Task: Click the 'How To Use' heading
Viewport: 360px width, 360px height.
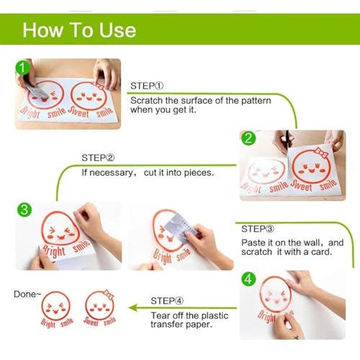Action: pos(79,30)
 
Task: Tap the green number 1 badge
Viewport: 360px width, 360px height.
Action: pos(22,68)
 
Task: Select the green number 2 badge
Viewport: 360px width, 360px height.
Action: pos(248,138)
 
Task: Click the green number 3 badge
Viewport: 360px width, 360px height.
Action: pos(24,210)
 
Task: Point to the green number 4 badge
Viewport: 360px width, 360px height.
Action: pos(248,279)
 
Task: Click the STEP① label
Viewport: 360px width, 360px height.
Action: pos(147,86)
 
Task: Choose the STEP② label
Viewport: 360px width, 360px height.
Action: pos(98,158)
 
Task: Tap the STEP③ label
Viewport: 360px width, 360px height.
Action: pos(258,229)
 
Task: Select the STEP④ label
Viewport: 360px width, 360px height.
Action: pos(167,301)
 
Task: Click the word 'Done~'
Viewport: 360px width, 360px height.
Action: pos(27,294)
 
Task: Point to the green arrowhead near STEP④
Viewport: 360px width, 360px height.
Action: pos(133,307)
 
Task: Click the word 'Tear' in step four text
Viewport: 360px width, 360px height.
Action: pos(159,315)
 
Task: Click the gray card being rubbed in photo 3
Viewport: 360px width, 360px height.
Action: pos(181,228)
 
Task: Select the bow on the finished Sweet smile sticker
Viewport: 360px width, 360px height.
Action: pos(108,294)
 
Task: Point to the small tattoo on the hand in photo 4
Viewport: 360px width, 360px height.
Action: pos(297,337)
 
